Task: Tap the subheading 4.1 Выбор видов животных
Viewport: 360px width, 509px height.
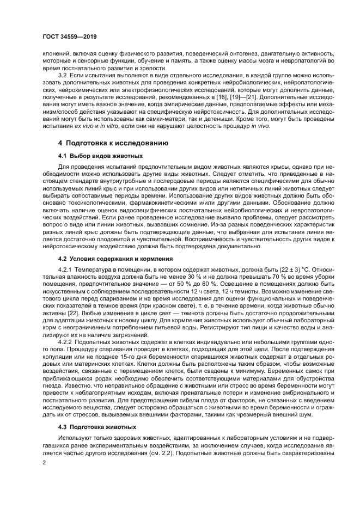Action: click(95, 156)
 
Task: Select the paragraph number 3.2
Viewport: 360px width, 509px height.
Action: click(62, 75)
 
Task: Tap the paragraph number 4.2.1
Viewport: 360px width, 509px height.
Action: click(66, 270)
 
